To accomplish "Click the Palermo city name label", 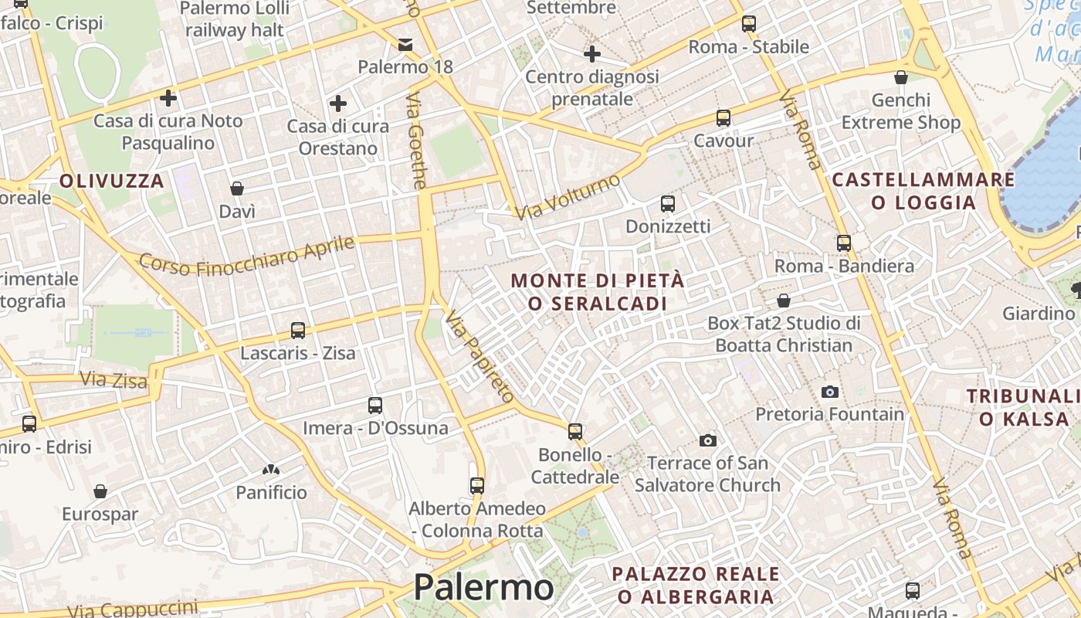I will tap(483, 588).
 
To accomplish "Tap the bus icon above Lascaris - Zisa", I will tap(298, 331).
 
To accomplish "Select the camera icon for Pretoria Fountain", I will tap(830, 392).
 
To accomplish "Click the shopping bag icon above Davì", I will tap(237, 188).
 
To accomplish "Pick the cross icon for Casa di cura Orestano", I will tap(338, 103).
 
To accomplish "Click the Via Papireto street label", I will tap(480, 356).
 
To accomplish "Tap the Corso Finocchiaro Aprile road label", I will tap(246, 256).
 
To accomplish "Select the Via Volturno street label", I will tap(568, 196).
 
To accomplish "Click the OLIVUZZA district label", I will tap(112, 182).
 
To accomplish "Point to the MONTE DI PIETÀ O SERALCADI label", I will tap(598, 292).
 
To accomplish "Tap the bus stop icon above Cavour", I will tap(723, 118).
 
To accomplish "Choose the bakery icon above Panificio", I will tap(271, 469).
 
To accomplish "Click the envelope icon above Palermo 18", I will tap(405, 45).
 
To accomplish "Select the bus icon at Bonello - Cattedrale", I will tap(575, 432).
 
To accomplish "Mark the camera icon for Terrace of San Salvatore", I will tap(707, 441).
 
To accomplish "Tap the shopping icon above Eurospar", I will tap(100, 491).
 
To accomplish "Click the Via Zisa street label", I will tap(114, 379).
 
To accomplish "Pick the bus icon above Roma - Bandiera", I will tap(844, 243).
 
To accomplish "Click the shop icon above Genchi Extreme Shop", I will tap(900, 77).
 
